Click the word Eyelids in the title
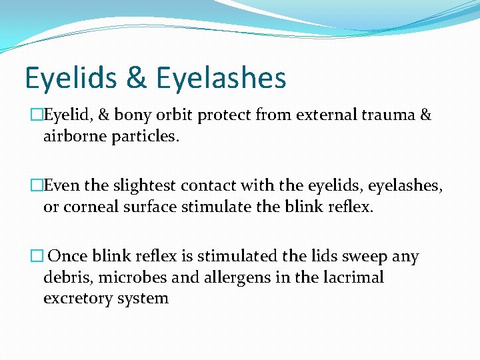point(70,77)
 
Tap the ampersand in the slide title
point(136,77)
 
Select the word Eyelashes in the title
point(221,77)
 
